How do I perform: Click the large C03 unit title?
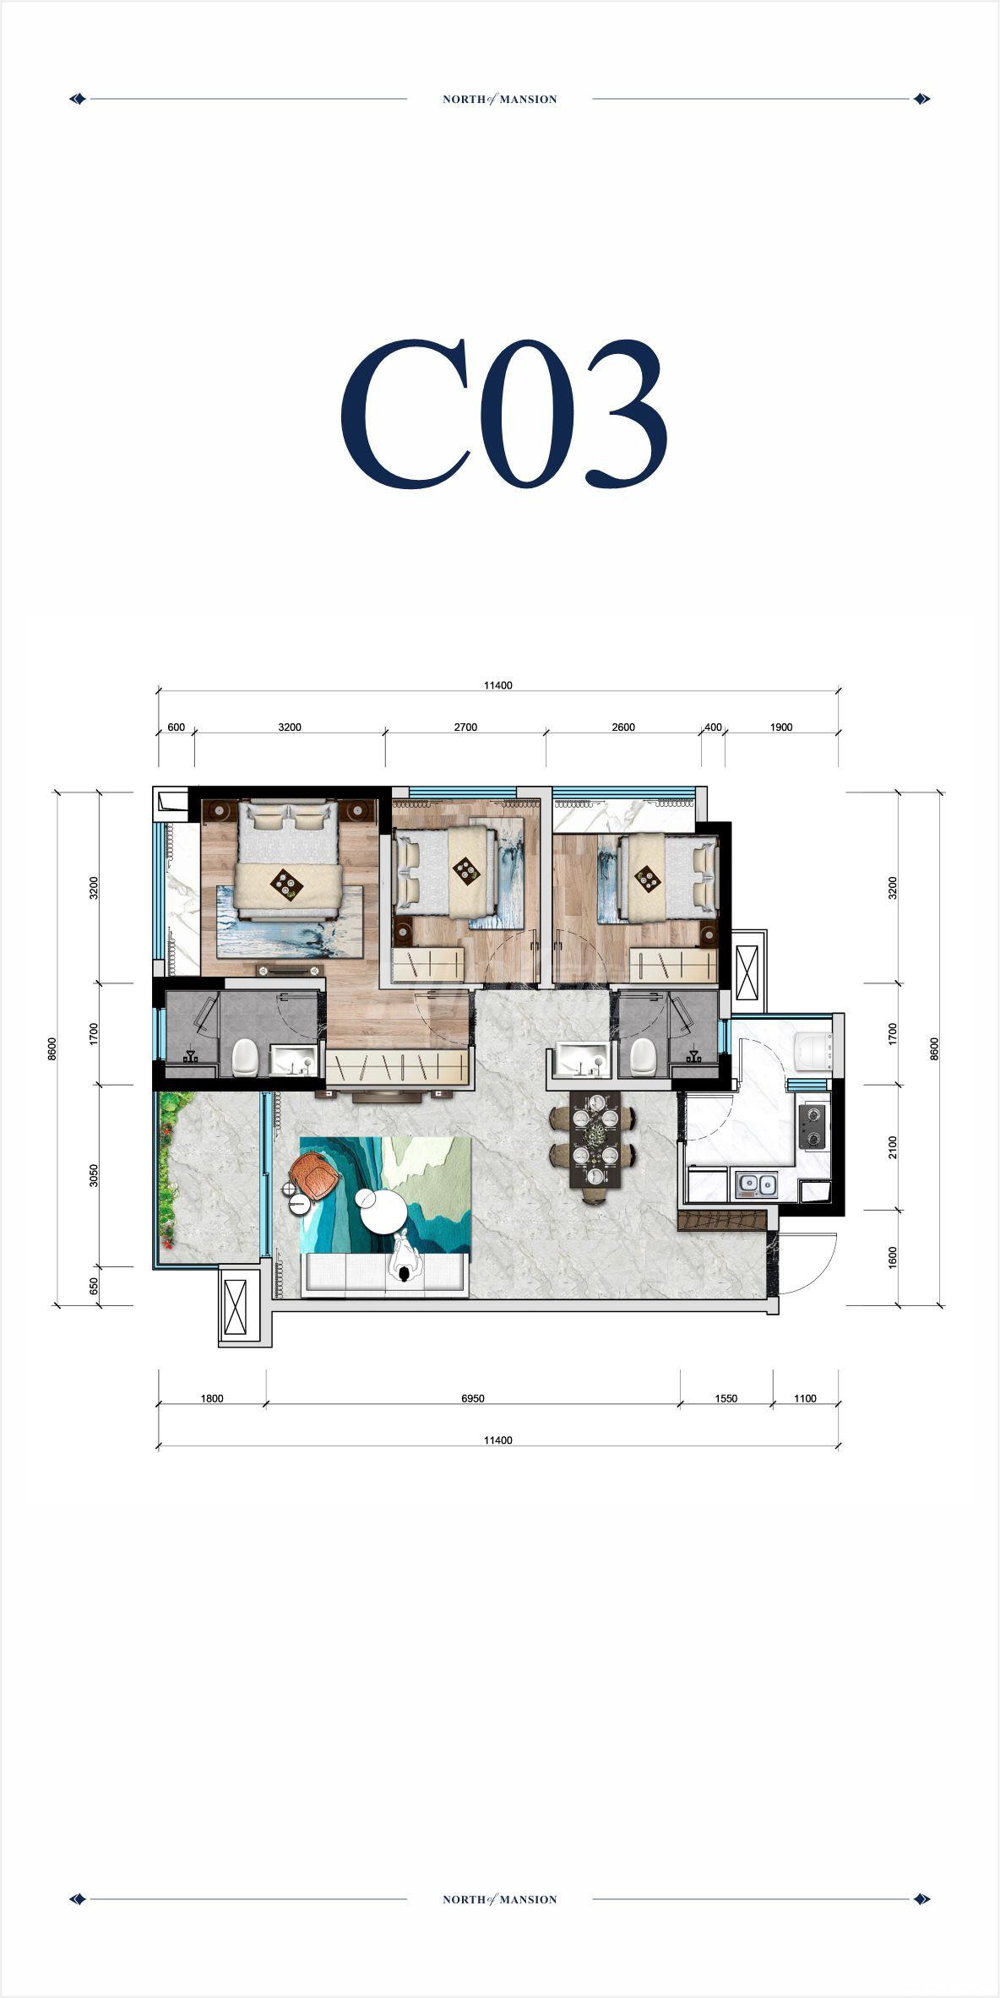504,413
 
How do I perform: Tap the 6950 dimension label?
473,1398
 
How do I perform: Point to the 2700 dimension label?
465,727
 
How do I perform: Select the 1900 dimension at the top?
781,727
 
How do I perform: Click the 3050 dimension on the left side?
94,1175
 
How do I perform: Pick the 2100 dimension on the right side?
893,1147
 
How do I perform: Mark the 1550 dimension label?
726,1398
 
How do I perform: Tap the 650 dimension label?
94,1286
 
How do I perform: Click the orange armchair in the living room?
314,1175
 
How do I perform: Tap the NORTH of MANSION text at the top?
500,99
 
